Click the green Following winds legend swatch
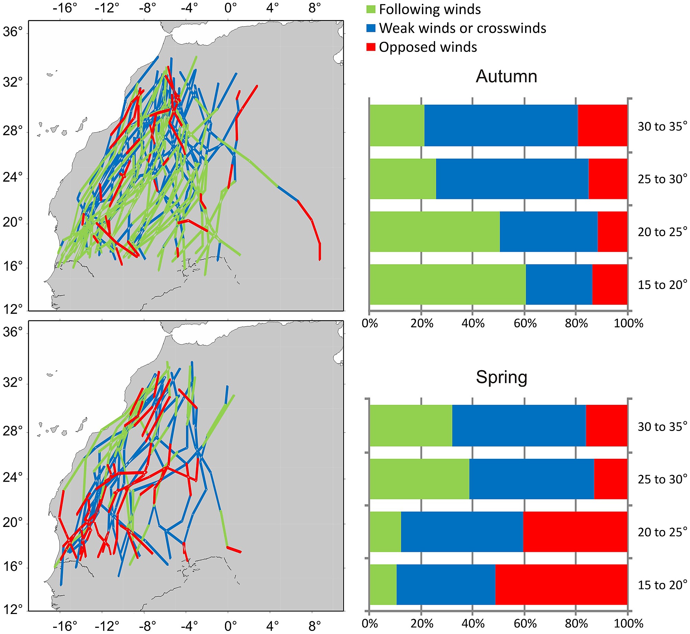(371, 9)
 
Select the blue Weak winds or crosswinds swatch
(371, 28)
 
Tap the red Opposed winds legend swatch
(371, 47)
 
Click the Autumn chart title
(506, 76)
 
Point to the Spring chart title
(501, 377)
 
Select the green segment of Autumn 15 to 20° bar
(447, 284)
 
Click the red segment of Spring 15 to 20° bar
(561, 585)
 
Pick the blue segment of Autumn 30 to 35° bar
(501, 125)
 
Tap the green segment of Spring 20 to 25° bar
(385, 532)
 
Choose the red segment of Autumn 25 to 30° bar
(608, 179)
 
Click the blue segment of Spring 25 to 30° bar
(531, 479)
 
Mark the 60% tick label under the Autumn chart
(525, 324)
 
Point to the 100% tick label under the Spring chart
(628, 624)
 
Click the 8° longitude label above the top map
(314, 8)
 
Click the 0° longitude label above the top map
(230, 8)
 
